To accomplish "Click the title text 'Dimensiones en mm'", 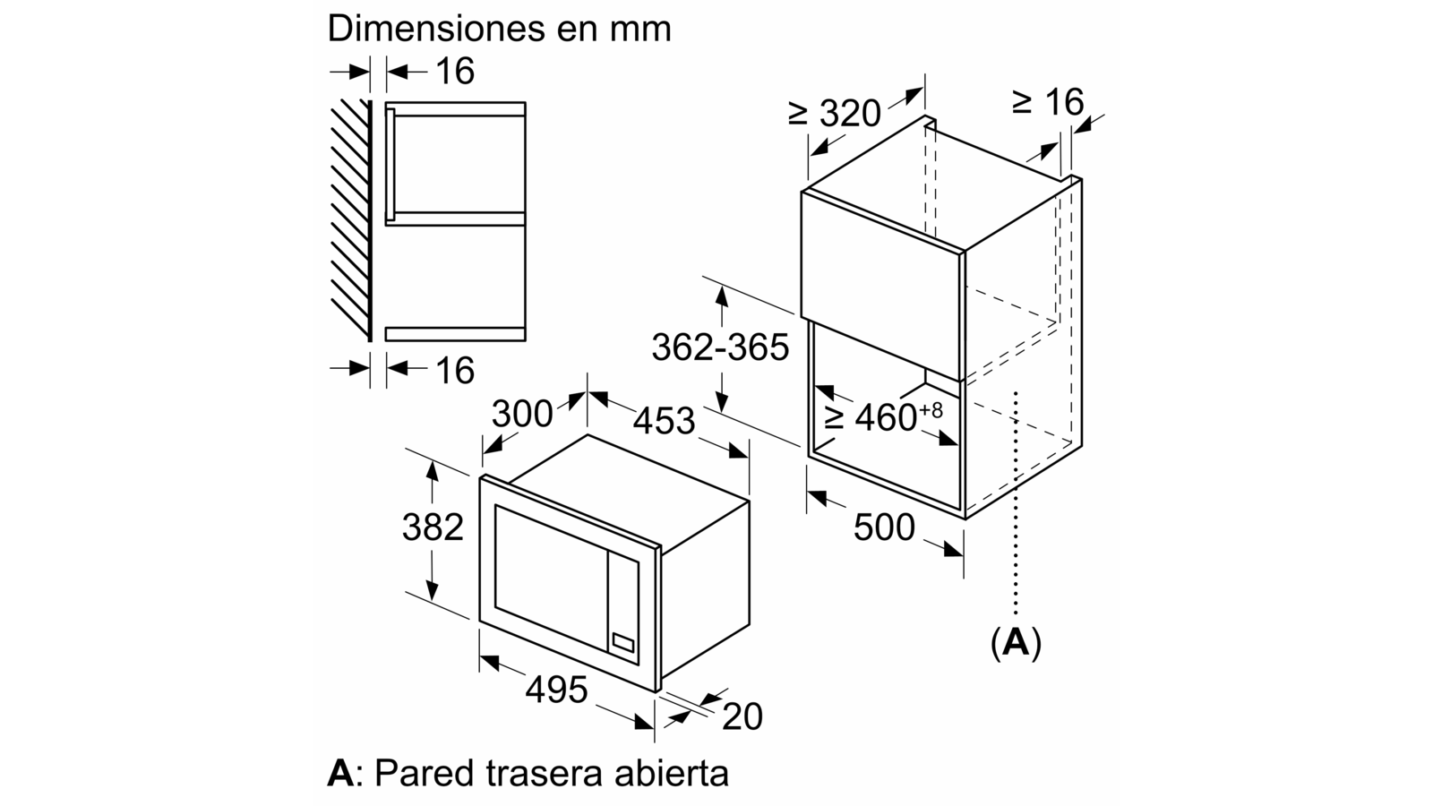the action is (x=500, y=29).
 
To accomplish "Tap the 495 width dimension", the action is (x=556, y=690).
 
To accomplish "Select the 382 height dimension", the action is (x=433, y=527).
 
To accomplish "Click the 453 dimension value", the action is (x=664, y=421).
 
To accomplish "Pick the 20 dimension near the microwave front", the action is (x=742, y=716).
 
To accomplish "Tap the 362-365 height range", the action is (x=720, y=348).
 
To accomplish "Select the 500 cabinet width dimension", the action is (x=885, y=528).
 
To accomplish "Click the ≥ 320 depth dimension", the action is (x=834, y=113).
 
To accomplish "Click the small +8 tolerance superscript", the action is (x=931, y=409).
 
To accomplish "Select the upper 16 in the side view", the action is (x=455, y=71).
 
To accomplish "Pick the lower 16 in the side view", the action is (x=455, y=371).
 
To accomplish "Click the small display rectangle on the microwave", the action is (x=623, y=642).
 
